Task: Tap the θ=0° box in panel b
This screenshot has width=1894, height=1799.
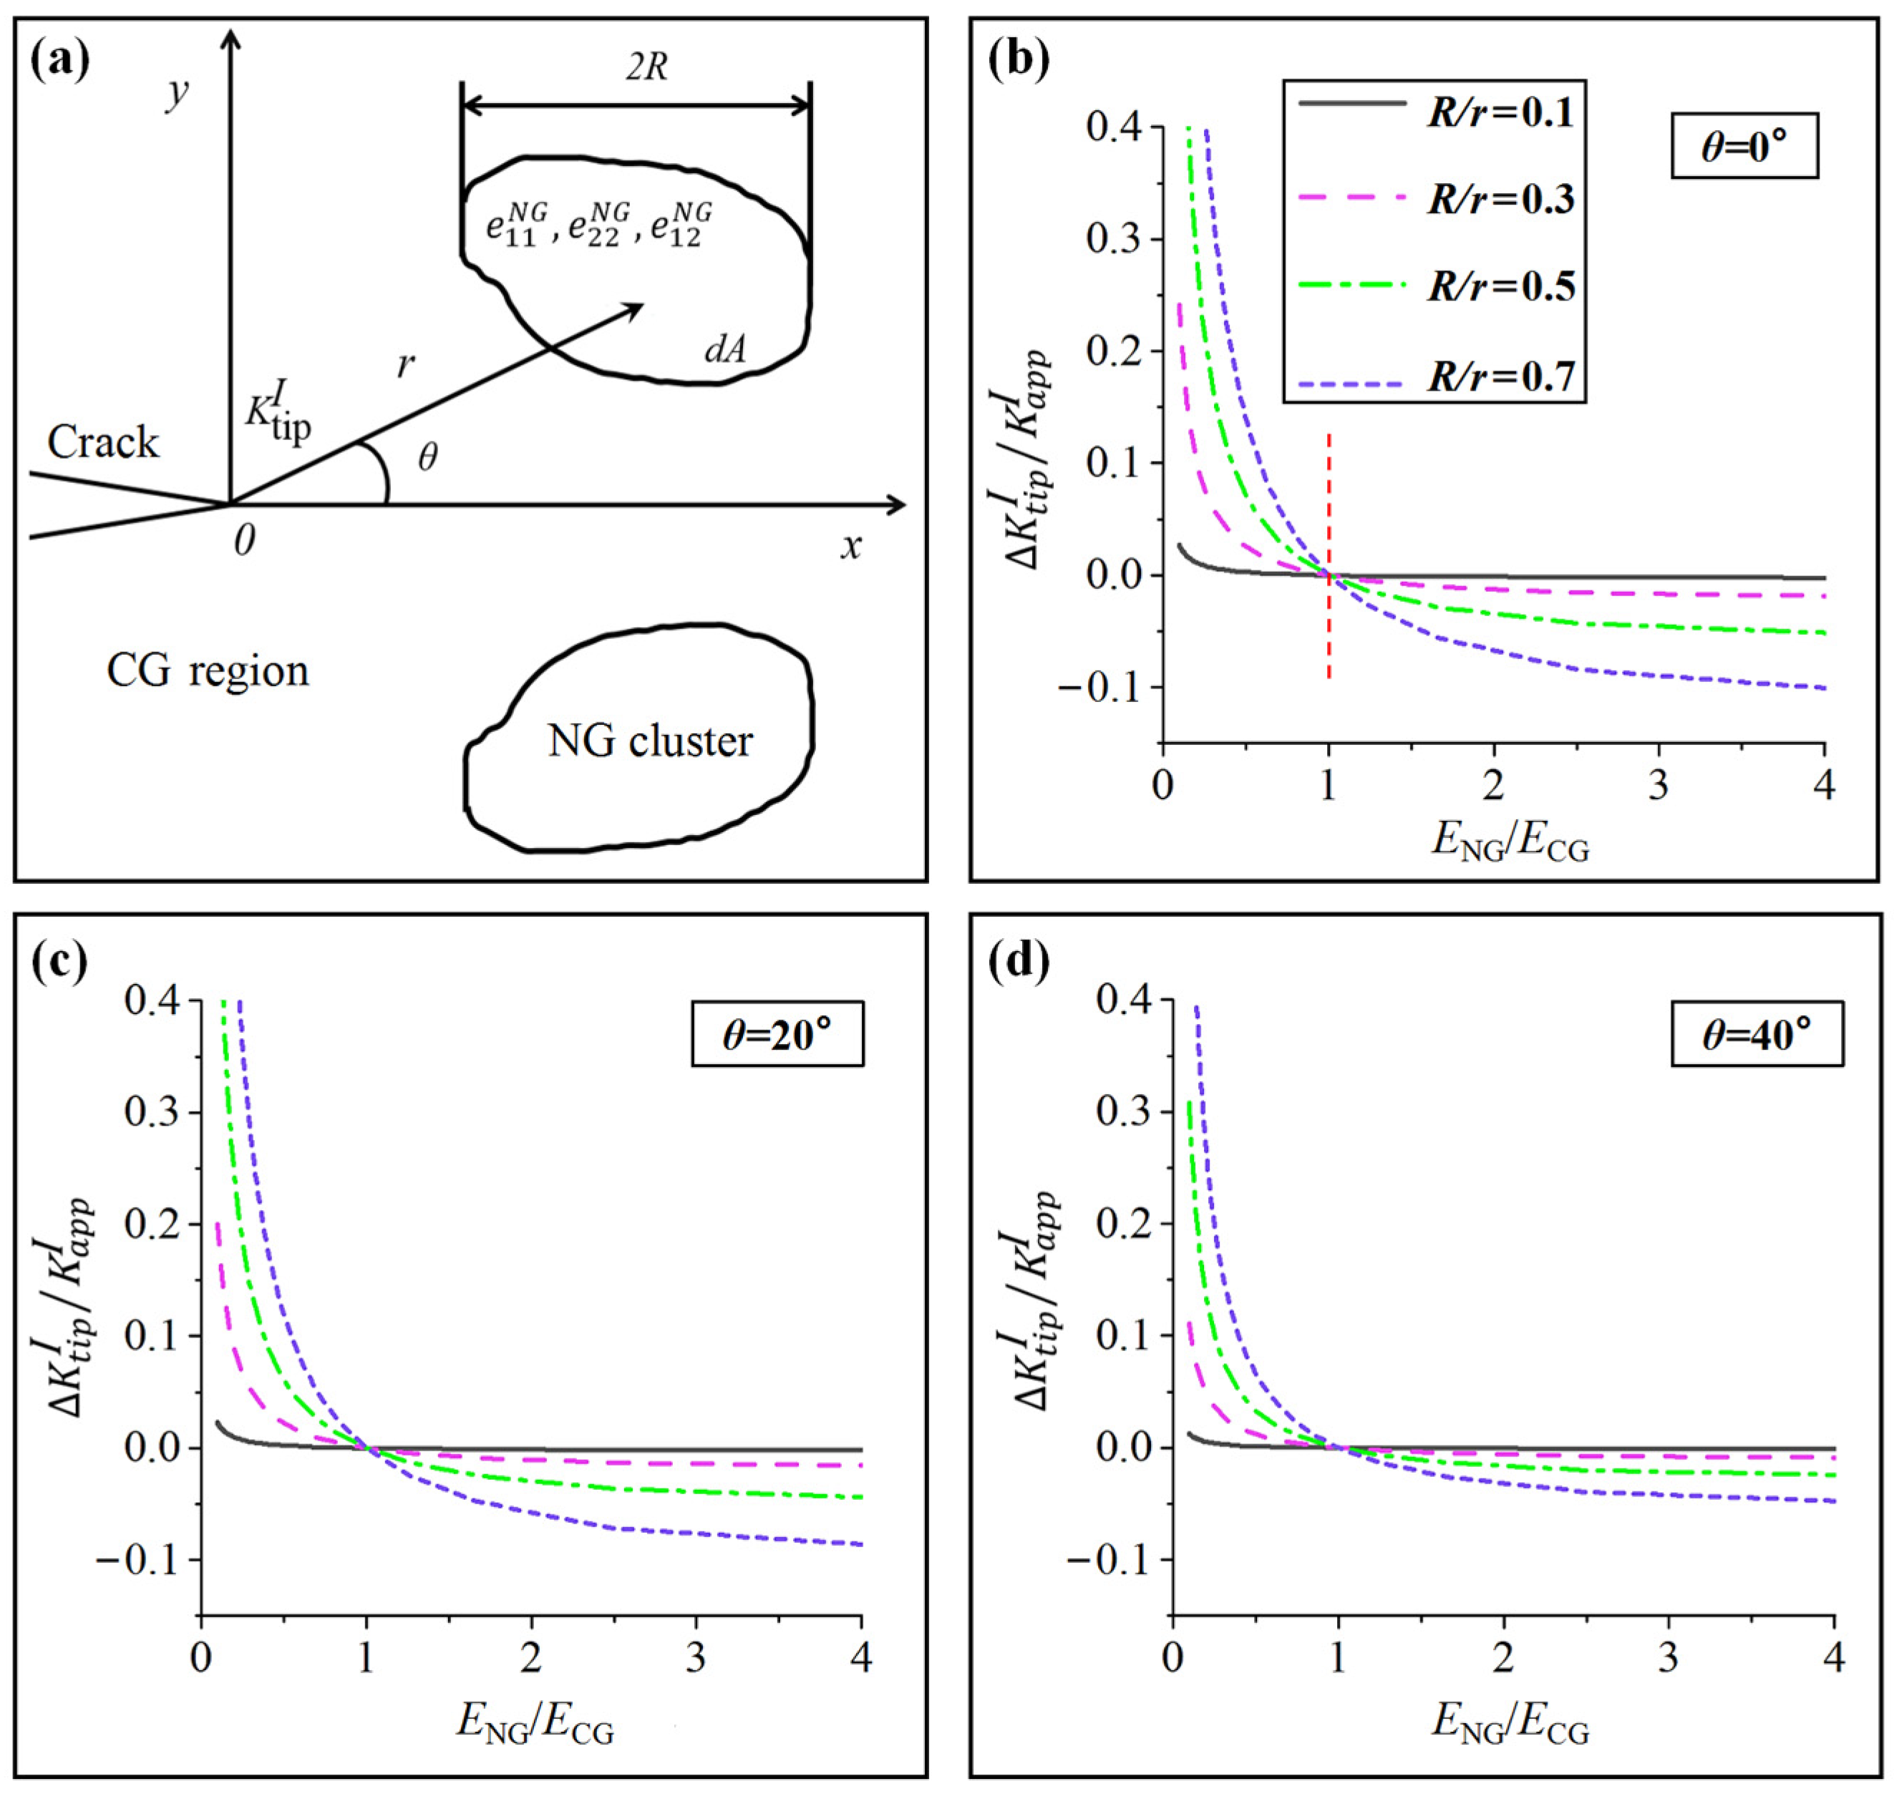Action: click(1744, 146)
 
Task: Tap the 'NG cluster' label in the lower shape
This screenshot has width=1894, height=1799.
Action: click(649, 741)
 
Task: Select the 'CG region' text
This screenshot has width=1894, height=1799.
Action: click(207, 671)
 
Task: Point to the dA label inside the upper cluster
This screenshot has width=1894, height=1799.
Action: click(724, 350)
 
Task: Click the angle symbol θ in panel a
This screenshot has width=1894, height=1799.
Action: click(428, 457)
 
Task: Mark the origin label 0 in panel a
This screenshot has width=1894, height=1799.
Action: click(245, 542)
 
